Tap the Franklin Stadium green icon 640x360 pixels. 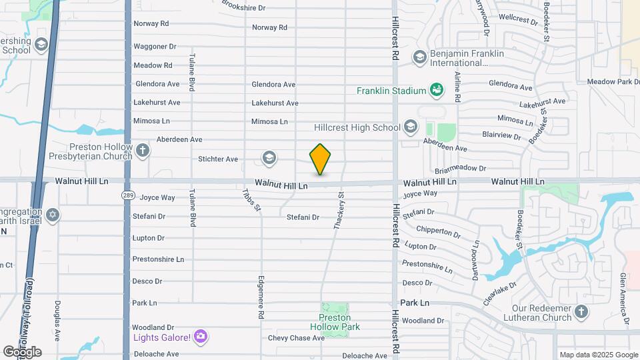[x=437, y=89]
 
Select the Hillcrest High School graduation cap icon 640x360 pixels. [x=411, y=127]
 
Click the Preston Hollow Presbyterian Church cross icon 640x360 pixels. [x=142, y=151]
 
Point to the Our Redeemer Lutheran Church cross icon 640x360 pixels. [x=581, y=313]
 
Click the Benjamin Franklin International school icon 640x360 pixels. [x=420, y=57]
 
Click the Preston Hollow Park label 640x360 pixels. [x=335, y=322]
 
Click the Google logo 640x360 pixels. [x=22, y=351]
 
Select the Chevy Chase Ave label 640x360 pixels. [x=296, y=338]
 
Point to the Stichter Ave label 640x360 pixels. [x=218, y=159]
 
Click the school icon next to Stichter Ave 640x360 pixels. [x=269, y=158]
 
